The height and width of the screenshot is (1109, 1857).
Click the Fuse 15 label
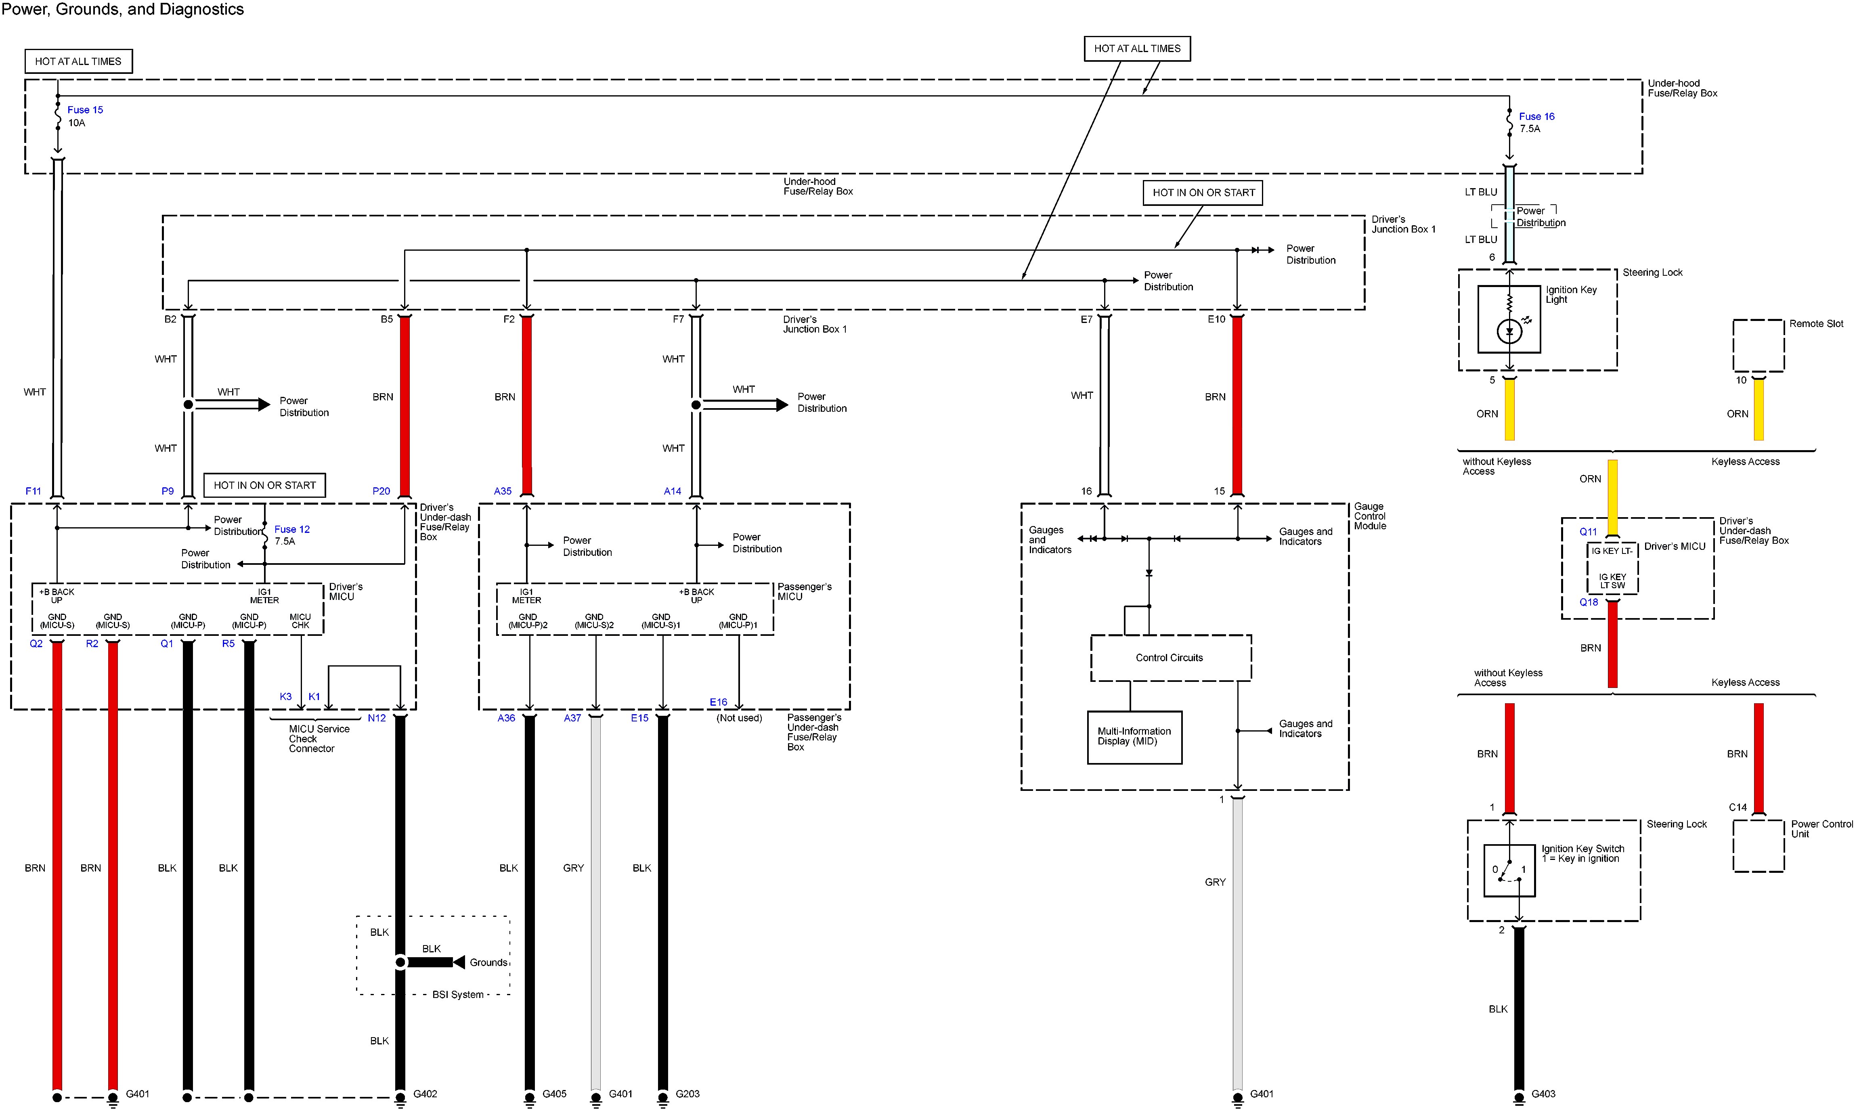click(x=85, y=110)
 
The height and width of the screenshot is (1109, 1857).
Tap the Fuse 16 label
click(x=1536, y=117)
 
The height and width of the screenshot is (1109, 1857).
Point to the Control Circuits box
click(x=1170, y=658)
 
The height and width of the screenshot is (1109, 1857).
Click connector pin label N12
click(x=377, y=718)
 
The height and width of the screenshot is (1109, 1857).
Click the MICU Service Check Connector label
click(x=319, y=738)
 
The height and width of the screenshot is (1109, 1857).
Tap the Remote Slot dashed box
click(x=1758, y=345)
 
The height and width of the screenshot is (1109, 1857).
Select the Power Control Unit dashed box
click(x=1758, y=846)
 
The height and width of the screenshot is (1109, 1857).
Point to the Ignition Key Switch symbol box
click(x=1509, y=870)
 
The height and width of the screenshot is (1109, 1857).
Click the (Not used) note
click(x=739, y=718)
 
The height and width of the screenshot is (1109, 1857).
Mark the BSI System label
click(x=458, y=995)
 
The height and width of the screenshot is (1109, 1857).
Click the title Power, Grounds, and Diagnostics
click(x=123, y=10)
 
